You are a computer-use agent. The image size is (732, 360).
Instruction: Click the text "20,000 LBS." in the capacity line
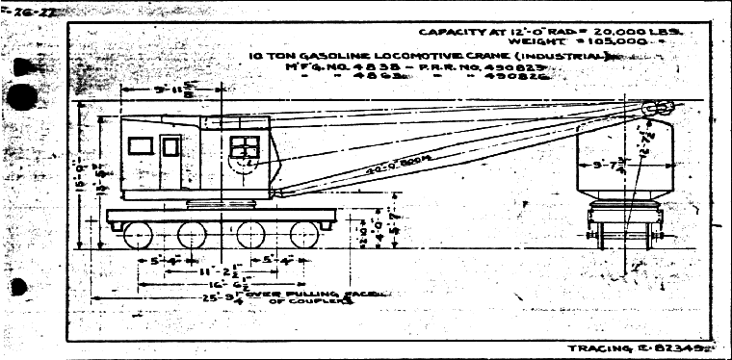pyautogui.click(x=643, y=32)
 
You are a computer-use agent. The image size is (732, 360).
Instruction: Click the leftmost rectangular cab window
pyautogui.click(x=142, y=145)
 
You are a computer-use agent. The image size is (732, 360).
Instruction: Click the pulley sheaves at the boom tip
pyautogui.click(x=657, y=110)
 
